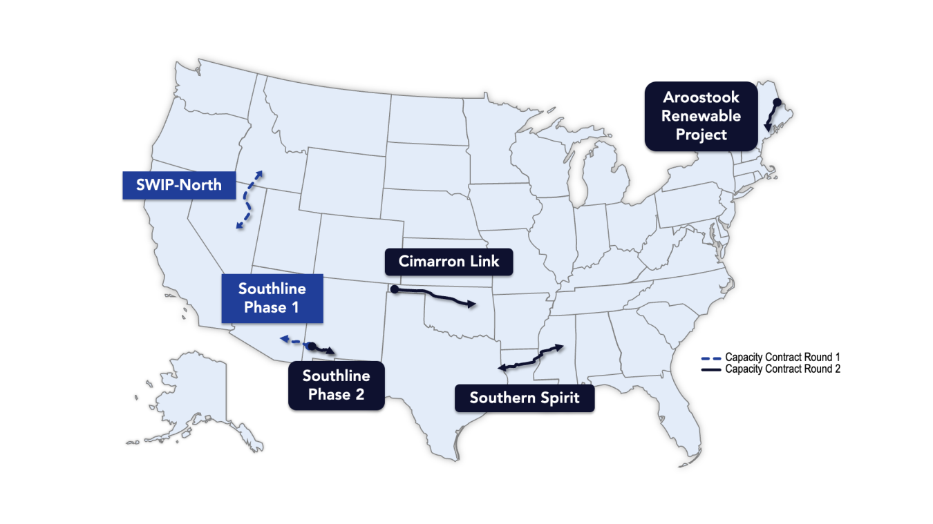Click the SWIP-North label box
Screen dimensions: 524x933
[x=179, y=185]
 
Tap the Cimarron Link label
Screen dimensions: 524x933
[x=449, y=262]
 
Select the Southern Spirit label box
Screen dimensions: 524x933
[x=524, y=398]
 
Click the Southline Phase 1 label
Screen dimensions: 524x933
[x=272, y=298]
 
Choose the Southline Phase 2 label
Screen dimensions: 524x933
[x=336, y=385]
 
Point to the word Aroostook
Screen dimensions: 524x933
[x=701, y=97]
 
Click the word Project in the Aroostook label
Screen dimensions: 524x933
[x=701, y=134]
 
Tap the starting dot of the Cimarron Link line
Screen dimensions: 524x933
[x=394, y=290]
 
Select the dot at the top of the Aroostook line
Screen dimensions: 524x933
[x=776, y=103]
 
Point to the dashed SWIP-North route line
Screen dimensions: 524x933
[x=248, y=200]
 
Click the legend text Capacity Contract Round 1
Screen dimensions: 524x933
[x=782, y=358]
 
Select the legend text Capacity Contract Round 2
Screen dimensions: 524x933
[x=782, y=369]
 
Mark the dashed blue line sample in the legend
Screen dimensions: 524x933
[x=711, y=358]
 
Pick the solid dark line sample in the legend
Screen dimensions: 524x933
[x=711, y=370]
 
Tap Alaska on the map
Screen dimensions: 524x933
[x=187, y=394]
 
